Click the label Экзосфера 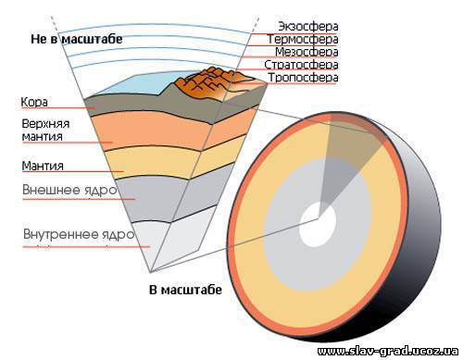[308, 26]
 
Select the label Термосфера [303, 39]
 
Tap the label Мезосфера [307, 52]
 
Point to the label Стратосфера [301, 65]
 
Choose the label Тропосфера [303, 78]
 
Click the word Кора [34, 102]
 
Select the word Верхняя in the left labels [45, 124]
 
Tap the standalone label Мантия [43, 166]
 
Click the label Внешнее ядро [69, 190]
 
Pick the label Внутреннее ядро [79, 234]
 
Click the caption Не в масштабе [77, 39]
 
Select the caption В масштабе [185, 290]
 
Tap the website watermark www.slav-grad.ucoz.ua [388, 351]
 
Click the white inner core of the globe [318, 224]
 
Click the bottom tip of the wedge [150, 273]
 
